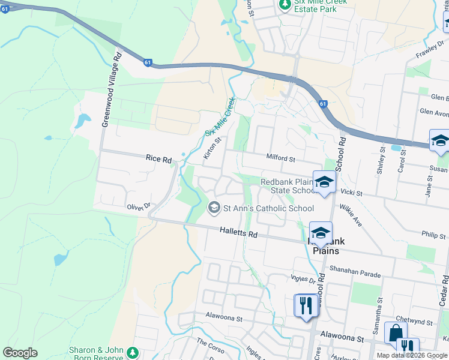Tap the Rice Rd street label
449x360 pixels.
[x=158, y=159]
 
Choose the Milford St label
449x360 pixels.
[x=281, y=158]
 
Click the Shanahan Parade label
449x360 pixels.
[x=355, y=274]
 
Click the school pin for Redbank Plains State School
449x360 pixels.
[x=324, y=182]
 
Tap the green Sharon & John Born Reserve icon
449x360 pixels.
[x=133, y=354]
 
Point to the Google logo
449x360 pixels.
[x=20, y=353]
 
